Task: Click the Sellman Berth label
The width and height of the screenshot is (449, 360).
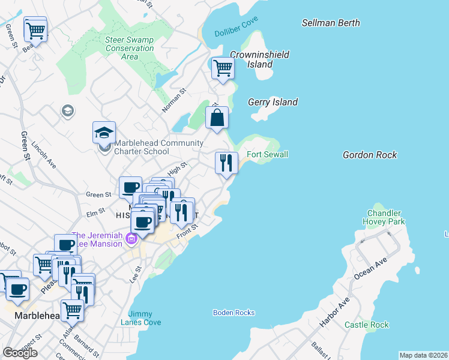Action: (x=331, y=23)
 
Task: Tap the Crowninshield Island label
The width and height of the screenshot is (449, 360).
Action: (x=259, y=59)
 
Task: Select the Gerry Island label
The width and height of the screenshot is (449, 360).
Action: (x=273, y=102)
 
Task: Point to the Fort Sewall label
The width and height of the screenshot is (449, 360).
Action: (x=268, y=154)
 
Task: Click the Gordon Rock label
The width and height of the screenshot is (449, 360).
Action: (x=370, y=155)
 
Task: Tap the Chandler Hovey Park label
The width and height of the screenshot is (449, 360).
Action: (x=384, y=217)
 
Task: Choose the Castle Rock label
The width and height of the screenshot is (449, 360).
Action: (x=367, y=325)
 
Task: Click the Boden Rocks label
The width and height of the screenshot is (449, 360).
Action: (x=234, y=313)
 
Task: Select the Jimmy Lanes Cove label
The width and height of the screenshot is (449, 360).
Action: (x=145, y=318)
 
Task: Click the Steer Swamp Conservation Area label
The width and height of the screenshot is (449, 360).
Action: (x=129, y=48)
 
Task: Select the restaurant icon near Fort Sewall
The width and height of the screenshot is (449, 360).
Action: (x=226, y=163)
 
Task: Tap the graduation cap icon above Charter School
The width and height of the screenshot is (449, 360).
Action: (x=104, y=132)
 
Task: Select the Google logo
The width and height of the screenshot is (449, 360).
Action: (x=20, y=353)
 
